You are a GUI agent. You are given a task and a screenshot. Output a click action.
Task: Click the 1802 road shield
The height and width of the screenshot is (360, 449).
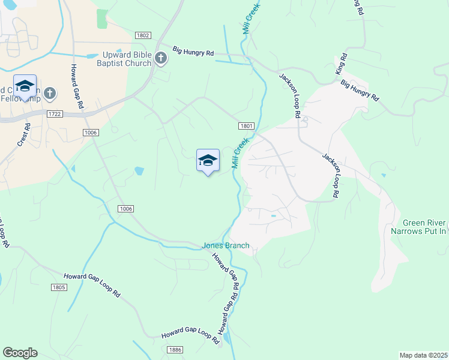[142, 36]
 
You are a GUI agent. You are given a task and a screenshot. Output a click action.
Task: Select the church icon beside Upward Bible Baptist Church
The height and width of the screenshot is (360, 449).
[160, 58]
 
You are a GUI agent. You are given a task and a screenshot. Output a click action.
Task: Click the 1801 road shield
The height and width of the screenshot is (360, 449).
[246, 126]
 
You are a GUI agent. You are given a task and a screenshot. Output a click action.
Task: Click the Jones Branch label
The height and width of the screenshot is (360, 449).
[225, 245]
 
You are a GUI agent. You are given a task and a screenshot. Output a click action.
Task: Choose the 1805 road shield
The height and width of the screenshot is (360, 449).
[59, 287]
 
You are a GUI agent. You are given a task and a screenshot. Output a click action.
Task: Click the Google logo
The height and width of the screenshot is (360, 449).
[20, 353]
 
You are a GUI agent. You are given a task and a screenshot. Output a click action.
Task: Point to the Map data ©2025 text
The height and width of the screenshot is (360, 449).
[423, 355]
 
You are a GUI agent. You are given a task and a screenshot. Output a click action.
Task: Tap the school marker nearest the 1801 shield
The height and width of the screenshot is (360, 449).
[208, 161]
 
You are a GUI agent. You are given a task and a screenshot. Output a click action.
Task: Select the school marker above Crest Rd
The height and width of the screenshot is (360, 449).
[25, 86]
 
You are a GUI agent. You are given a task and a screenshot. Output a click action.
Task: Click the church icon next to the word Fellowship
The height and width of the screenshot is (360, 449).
[50, 94]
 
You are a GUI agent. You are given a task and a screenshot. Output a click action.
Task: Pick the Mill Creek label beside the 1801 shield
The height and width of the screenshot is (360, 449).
[240, 153]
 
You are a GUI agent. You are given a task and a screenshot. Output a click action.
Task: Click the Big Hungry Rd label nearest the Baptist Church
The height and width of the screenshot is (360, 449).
[193, 52]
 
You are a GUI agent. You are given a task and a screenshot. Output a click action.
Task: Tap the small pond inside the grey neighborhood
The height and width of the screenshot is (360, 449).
[274, 215]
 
